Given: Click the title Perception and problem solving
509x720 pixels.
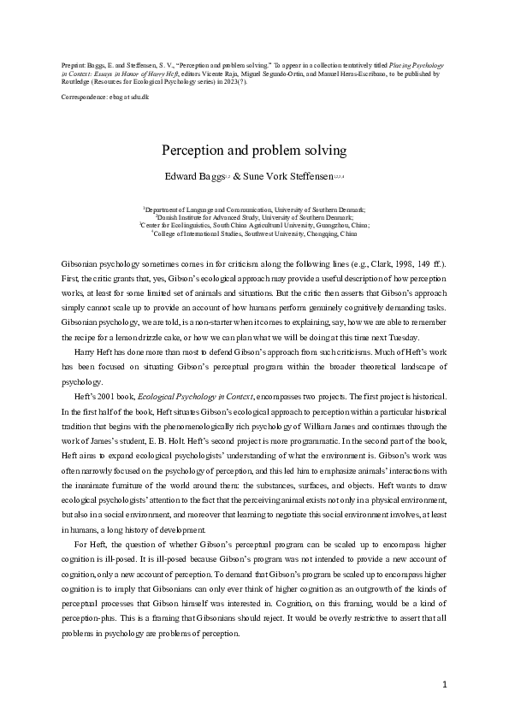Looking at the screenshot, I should (x=253, y=150).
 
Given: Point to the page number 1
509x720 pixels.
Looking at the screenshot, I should (x=446, y=686).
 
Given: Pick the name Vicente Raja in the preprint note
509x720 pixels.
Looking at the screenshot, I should (x=244, y=74).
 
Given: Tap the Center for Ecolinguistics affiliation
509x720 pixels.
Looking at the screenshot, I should (x=197, y=226).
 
